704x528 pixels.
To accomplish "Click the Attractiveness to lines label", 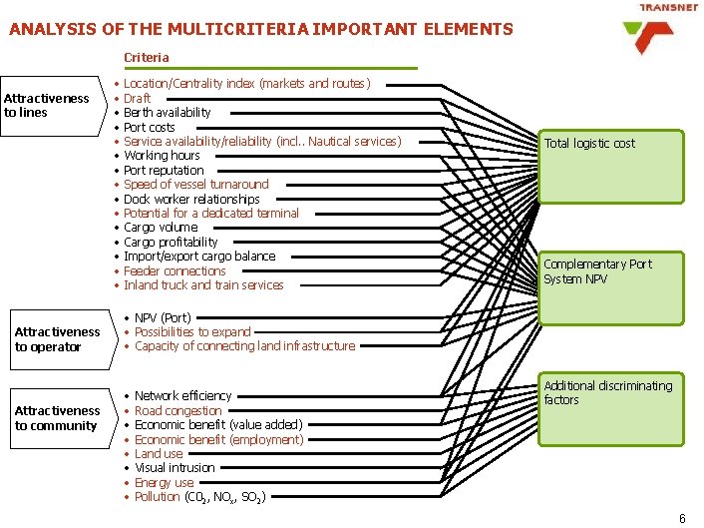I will tap(46, 105).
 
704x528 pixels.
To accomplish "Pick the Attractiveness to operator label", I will tap(57, 339).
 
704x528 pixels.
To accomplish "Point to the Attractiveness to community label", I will tap(57, 418).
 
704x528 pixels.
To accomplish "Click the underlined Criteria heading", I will tap(147, 58).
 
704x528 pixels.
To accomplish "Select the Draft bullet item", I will tap(137, 98).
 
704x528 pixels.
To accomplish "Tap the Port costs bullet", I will tap(149, 127).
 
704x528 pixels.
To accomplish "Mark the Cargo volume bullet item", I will tap(161, 227).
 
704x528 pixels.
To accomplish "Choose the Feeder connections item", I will tap(175, 270).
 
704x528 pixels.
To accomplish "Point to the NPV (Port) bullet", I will tap(163, 317).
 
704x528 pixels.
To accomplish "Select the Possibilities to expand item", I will tap(192, 331).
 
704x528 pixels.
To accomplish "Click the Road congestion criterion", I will tap(177, 410).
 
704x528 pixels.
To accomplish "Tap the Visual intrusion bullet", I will tap(175, 467).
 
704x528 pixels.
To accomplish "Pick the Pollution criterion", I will tap(199, 496).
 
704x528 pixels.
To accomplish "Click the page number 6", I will tap(682, 518).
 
